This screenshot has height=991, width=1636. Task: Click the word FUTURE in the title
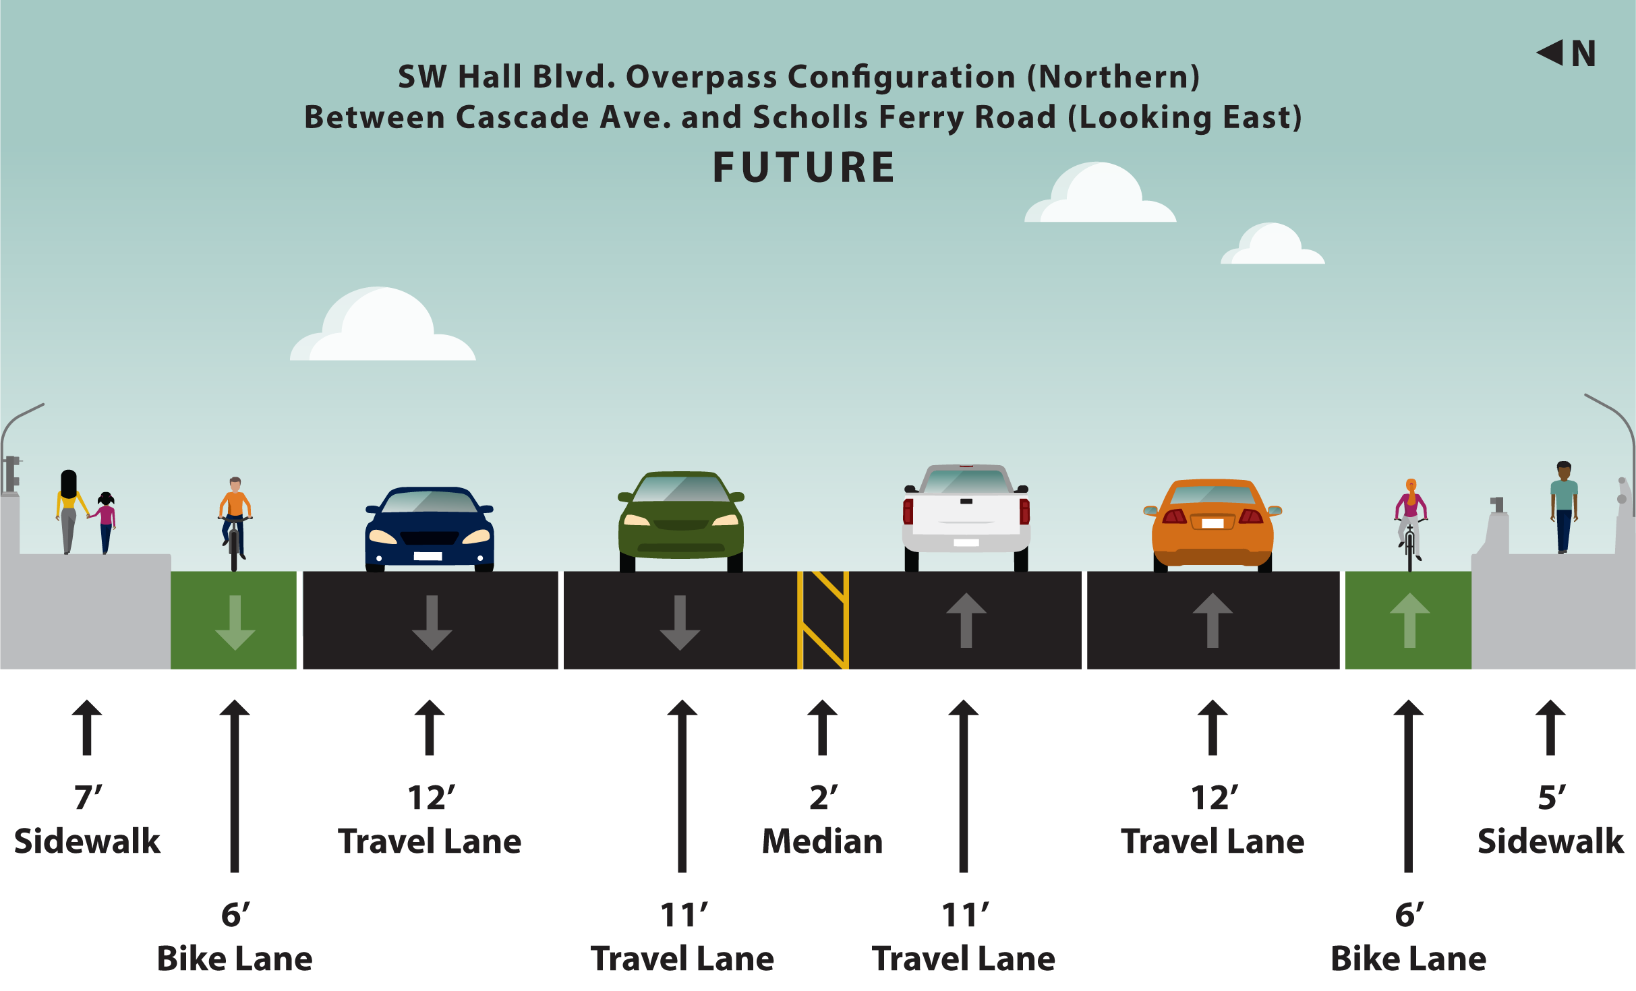point(804,168)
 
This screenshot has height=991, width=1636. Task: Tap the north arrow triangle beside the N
point(1551,53)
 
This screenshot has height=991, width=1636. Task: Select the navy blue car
point(430,530)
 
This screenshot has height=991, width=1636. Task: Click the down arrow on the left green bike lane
point(235,623)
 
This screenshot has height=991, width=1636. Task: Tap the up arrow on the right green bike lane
point(1409,620)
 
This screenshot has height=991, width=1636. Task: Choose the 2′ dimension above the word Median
point(823,798)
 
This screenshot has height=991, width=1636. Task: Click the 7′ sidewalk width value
point(88,798)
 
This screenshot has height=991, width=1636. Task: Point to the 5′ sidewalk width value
point(1551,798)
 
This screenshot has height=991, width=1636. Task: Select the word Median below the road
point(823,841)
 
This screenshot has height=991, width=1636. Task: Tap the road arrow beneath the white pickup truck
point(966,620)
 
